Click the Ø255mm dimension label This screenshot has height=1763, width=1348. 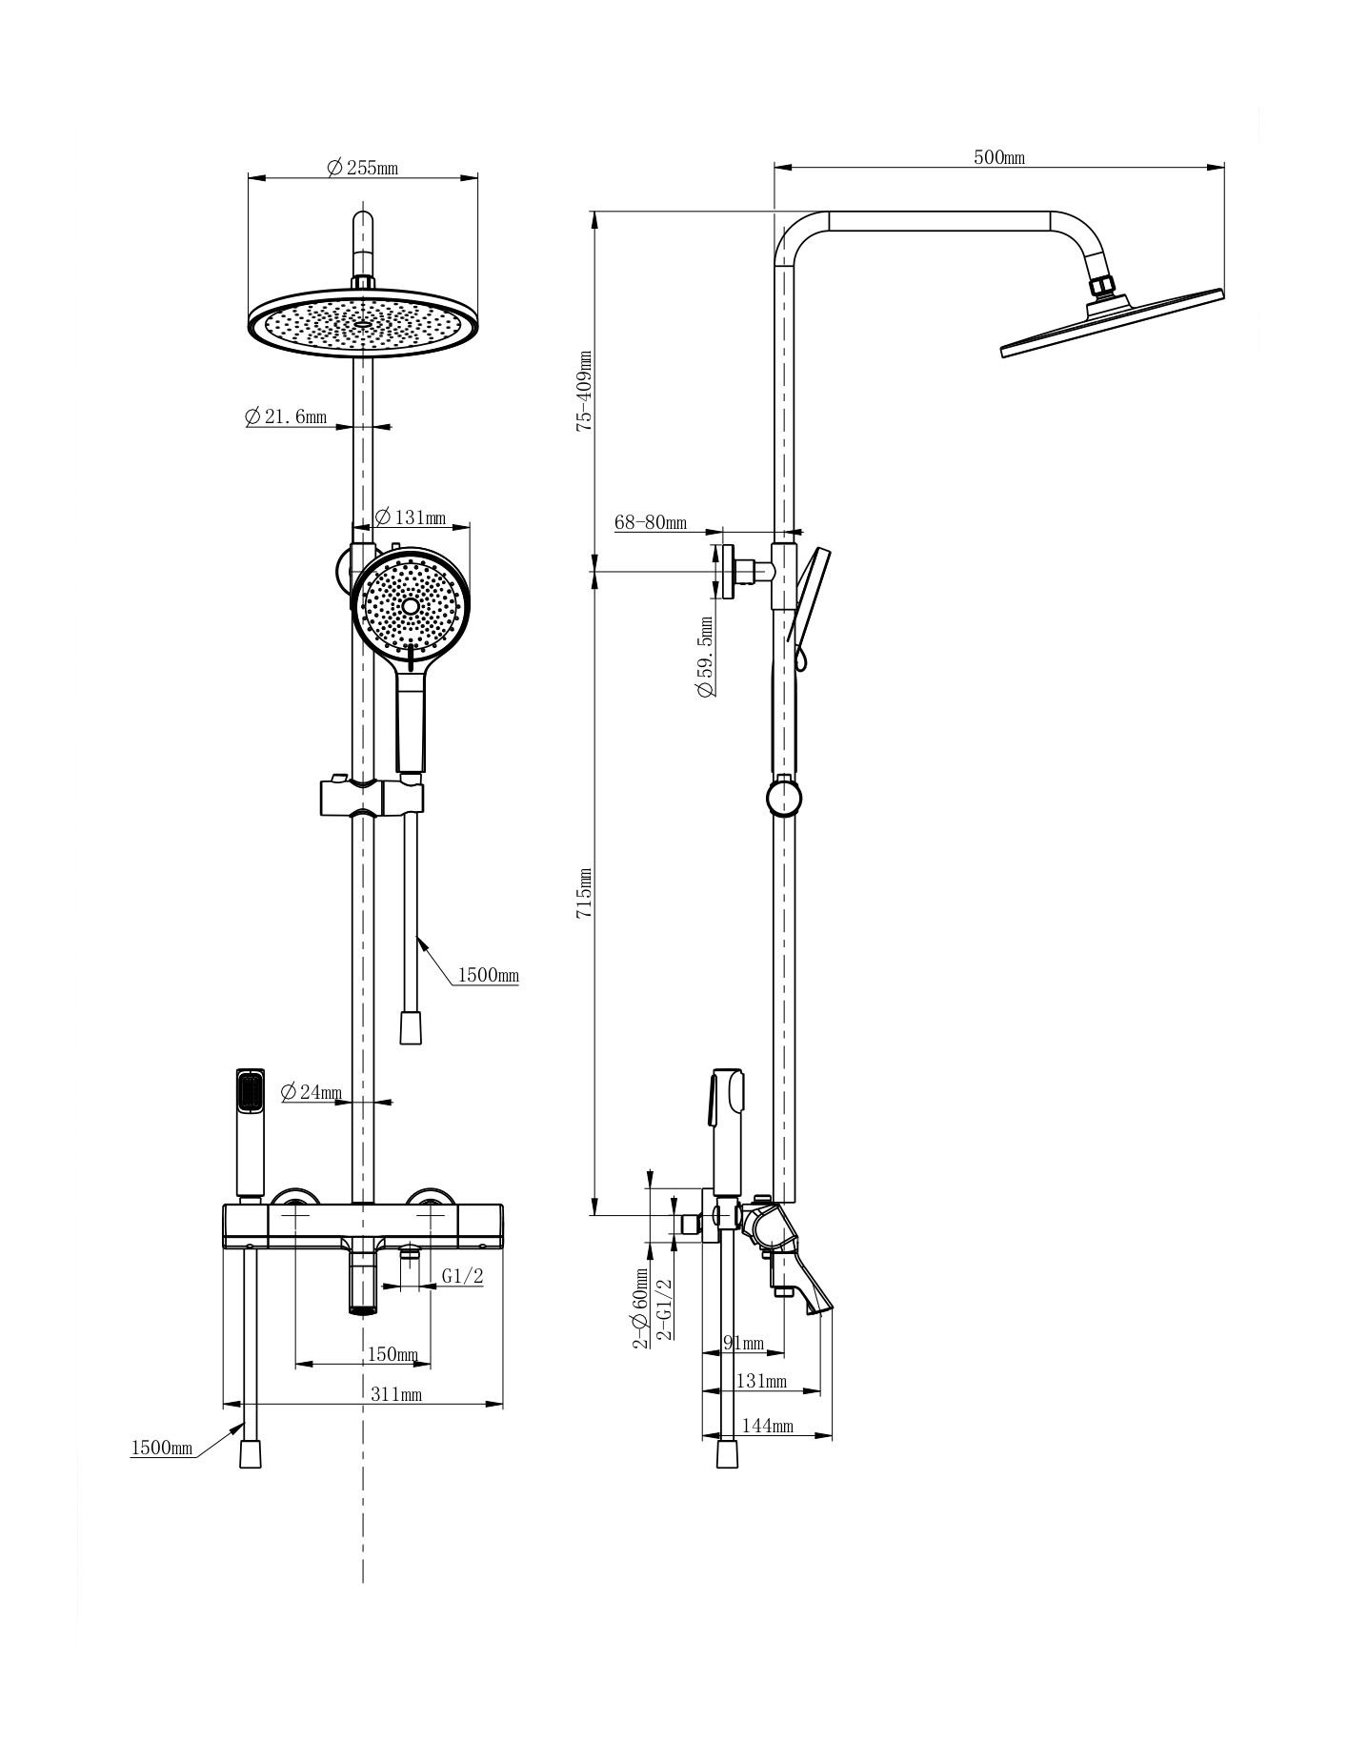(x=362, y=168)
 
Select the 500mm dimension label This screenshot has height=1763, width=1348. (x=999, y=157)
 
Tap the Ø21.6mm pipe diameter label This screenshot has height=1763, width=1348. (x=285, y=416)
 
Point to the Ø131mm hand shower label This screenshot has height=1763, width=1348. (x=410, y=517)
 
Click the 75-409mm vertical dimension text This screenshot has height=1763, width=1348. (x=584, y=391)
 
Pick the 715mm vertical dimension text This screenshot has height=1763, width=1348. (x=584, y=893)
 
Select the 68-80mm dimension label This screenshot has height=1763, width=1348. (x=651, y=522)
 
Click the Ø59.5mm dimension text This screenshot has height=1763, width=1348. (x=706, y=658)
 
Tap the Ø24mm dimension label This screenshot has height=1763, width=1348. (x=312, y=1092)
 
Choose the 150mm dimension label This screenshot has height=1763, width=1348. (x=392, y=1354)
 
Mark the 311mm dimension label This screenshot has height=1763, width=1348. (x=396, y=1394)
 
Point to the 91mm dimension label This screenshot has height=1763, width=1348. (x=744, y=1344)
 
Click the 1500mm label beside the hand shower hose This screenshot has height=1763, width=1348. (x=489, y=975)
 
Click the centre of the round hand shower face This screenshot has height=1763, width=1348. (x=410, y=606)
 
